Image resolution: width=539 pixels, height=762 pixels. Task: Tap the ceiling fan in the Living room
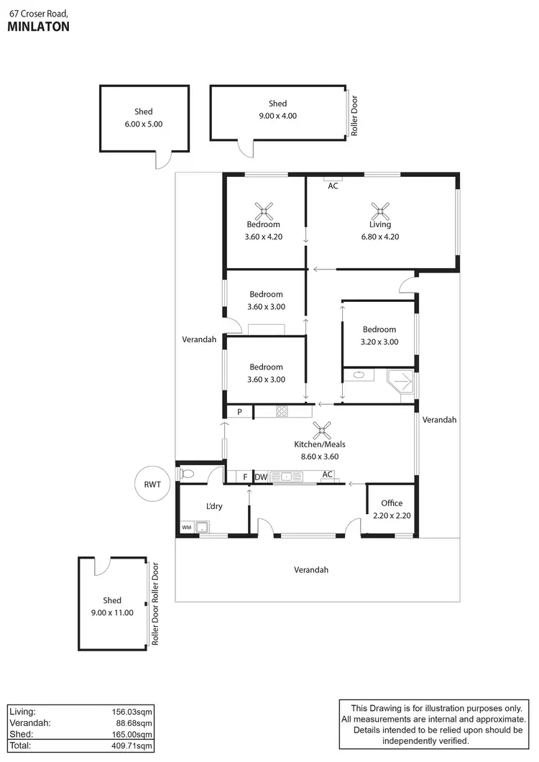click(x=380, y=211)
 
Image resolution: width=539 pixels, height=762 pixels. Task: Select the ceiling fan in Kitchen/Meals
click(x=321, y=431)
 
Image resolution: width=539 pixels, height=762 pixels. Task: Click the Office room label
click(x=392, y=503)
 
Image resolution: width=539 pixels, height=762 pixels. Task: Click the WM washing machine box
click(x=187, y=528)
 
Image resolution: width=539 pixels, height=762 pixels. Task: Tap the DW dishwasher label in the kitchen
click(x=261, y=476)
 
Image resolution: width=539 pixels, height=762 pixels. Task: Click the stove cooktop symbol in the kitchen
click(x=282, y=412)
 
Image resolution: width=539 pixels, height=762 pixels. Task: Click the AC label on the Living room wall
click(x=333, y=186)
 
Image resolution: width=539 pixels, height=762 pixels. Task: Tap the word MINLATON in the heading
click(x=38, y=27)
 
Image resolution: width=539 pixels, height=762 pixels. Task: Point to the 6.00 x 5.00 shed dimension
click(x=143, y=124)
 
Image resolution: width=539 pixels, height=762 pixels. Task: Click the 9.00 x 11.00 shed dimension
click(x=112, y=612)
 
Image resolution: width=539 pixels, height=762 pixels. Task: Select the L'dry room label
click(x=214, y=506)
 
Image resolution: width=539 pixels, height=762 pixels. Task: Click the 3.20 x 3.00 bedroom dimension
click(x=379, y=342)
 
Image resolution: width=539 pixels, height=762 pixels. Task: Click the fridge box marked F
click(x=245, y=476)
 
